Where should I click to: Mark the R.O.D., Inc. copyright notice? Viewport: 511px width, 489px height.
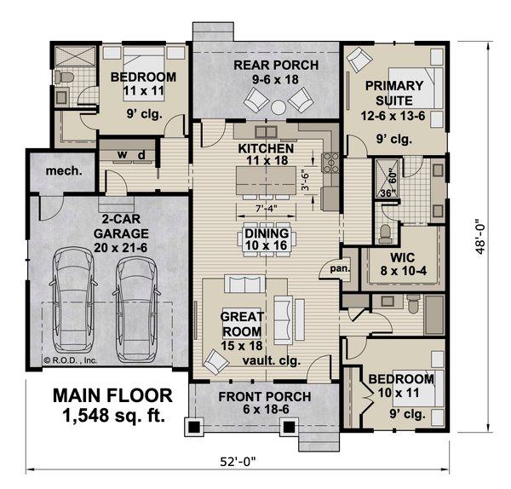pos(72,360)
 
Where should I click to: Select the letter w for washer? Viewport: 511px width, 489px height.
pos(121,154)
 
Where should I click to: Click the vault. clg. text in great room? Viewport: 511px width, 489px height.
pos(263,359)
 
